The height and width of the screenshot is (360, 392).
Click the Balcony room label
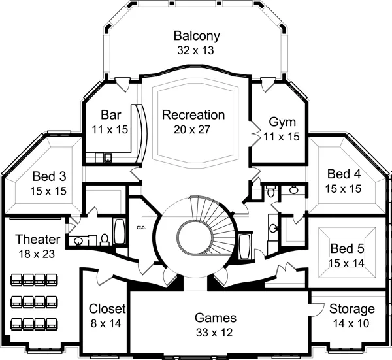pos(197,36)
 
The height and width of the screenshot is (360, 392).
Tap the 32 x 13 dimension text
pos(197,50)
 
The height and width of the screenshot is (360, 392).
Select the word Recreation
pos(193,115)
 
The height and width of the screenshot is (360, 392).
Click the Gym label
pos(282,122)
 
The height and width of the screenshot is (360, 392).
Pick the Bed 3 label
pos(49,177)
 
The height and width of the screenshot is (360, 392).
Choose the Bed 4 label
pos(344,174)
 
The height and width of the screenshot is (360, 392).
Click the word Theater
pos(37,239)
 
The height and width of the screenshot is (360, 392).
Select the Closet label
pos(106,309)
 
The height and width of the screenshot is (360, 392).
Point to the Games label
pos(215,318)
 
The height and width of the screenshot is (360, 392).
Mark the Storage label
pos(352,309)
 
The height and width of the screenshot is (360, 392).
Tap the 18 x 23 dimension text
pos(37,253)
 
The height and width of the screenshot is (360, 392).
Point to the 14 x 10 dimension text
pos(352,323)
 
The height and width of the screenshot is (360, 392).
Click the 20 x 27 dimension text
pos(193,129)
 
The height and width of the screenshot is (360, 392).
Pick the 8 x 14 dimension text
pos(106,323)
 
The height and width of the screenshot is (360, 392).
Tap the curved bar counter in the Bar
pos(140,134)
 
